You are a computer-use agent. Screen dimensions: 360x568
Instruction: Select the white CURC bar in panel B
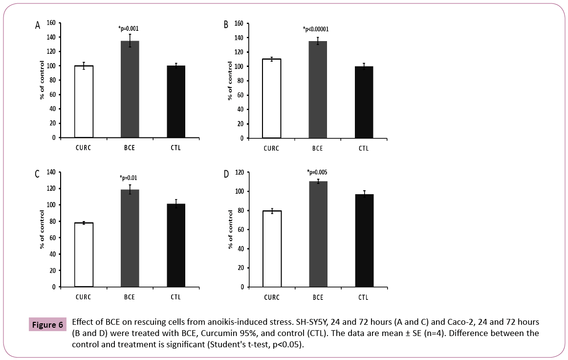tap(272, 98)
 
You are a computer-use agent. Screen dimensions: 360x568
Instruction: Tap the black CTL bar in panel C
tap(175, 245)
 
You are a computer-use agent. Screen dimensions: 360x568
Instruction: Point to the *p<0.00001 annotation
tap(316, 29)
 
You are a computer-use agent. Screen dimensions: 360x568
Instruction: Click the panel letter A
tap(38, 25)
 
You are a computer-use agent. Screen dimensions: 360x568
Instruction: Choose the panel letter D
tap(226, 175)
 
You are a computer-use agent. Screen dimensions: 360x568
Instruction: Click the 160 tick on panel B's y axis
tap(239, 23)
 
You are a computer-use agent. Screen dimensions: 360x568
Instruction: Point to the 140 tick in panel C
tap(50, 172)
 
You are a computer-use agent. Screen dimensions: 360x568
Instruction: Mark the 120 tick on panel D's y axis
tap(239, 172)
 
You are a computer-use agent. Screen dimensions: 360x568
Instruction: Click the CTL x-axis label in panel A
tap(175, 148)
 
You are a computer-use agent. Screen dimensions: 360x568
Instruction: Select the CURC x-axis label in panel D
tap(272, 297)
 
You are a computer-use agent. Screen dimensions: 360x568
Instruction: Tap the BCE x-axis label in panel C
tap(130, 297)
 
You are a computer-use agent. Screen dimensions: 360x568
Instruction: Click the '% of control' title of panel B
tap(230, 81)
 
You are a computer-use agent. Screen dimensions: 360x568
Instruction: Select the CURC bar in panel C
tap(84, 255)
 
